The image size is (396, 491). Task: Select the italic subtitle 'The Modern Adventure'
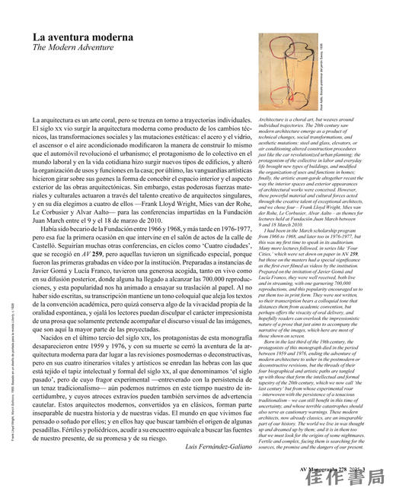coord(68,47)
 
